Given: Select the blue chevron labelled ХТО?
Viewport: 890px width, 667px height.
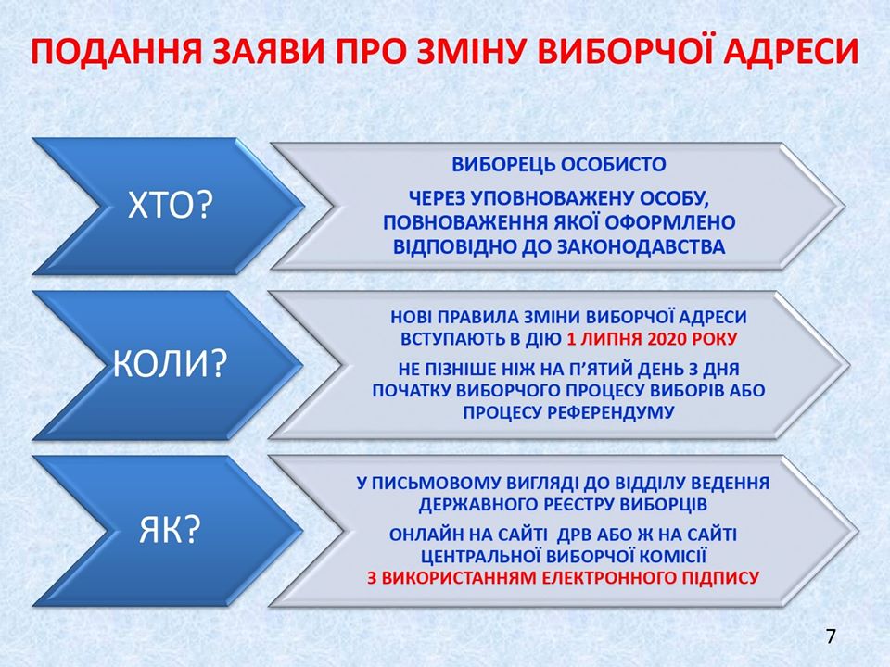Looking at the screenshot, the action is coord(168,207).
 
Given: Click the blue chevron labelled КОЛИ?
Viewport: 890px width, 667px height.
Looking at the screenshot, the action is coord(168,365).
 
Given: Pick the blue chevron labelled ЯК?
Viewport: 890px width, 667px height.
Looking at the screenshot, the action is coord(168,530).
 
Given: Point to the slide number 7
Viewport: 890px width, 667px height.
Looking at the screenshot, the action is coord(831,636).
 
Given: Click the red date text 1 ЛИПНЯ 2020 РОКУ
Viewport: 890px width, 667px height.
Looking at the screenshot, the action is coord(652,339).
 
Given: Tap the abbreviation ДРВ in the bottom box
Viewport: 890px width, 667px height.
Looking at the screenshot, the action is coord(578,535).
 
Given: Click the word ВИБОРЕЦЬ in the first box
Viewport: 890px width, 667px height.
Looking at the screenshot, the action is coord(503,165).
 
